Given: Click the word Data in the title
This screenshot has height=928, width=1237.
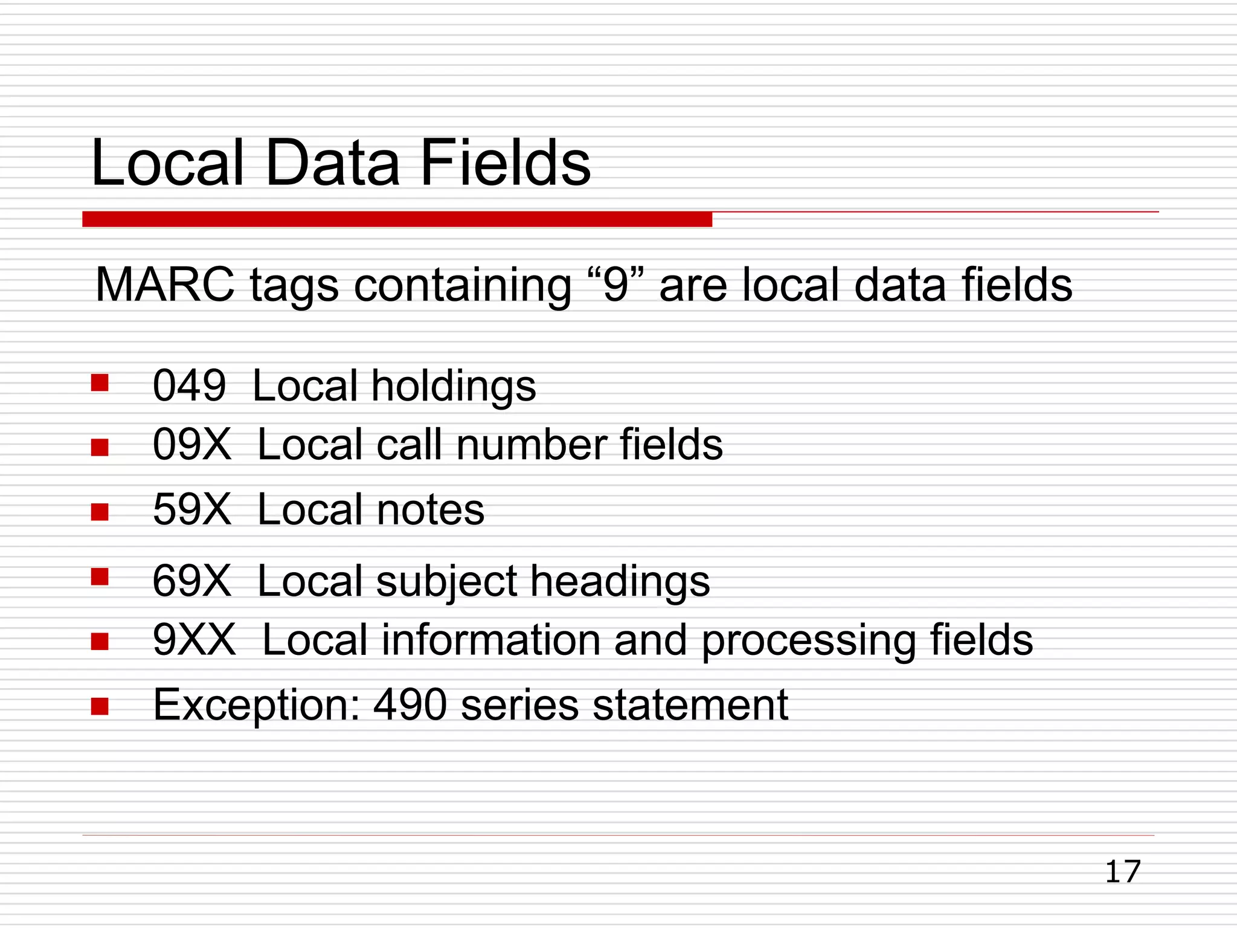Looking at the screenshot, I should [332, 163].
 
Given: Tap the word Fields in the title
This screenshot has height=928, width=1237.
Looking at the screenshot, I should [505, 163].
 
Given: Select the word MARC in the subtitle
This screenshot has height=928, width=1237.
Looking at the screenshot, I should [165, 285].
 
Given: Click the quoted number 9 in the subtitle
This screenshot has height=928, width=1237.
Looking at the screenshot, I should [615, 285].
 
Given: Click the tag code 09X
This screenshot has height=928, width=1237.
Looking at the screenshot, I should [191, 445].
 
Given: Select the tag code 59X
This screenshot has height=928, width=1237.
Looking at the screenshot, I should [191, 509].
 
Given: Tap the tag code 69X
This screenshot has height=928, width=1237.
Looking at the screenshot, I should [191, 581].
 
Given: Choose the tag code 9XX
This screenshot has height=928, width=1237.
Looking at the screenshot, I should [194, 640].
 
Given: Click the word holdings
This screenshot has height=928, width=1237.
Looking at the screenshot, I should [454, 387].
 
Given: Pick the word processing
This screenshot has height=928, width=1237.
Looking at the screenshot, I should [809, 641].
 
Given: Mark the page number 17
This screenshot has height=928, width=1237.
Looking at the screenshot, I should [1122, 872].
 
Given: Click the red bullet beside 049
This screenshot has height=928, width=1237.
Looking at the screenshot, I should [100, 383].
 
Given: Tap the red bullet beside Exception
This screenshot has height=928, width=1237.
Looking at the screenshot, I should [100, 706].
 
